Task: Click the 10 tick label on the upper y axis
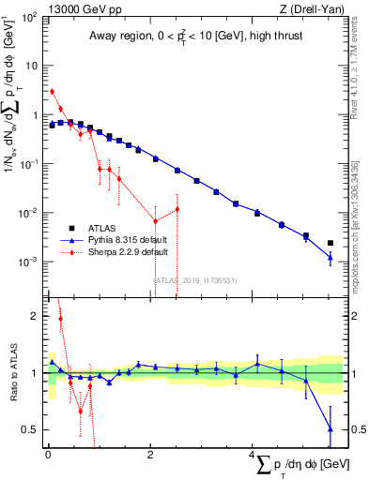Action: click(32, 67)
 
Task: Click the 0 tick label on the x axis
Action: click(48, 455)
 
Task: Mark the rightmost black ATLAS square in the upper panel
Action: click(330, 243)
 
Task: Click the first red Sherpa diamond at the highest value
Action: click(52, 92)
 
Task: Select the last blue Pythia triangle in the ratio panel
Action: click(330, 429)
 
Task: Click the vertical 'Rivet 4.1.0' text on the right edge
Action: click(360, 70)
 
